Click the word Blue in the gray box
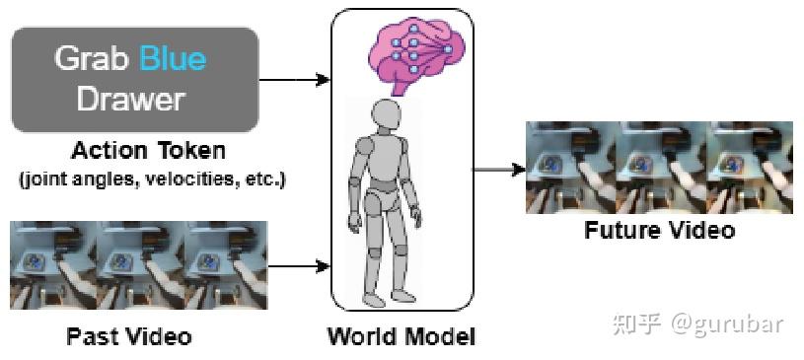click(x=173, y=58)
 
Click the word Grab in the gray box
click(x=94, y=58)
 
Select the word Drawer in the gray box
click(x=131, y=99)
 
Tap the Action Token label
click(x=148, y=151)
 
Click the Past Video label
click(x=129, y=336)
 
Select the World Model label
click(x=401, y=336)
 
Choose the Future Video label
click(x=659, y=231)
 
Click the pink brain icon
click(x=408, y=54)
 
